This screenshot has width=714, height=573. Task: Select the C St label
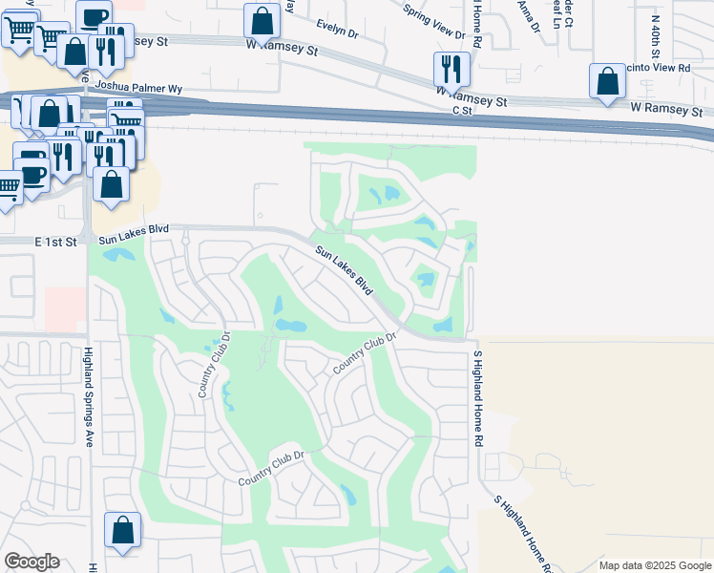[463, 111]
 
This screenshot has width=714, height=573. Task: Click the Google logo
[31, 562]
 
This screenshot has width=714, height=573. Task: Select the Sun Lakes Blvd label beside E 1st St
[134, 230]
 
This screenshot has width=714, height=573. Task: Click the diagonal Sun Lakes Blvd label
[345, 270]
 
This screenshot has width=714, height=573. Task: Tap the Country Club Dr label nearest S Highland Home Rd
[364, 354]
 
